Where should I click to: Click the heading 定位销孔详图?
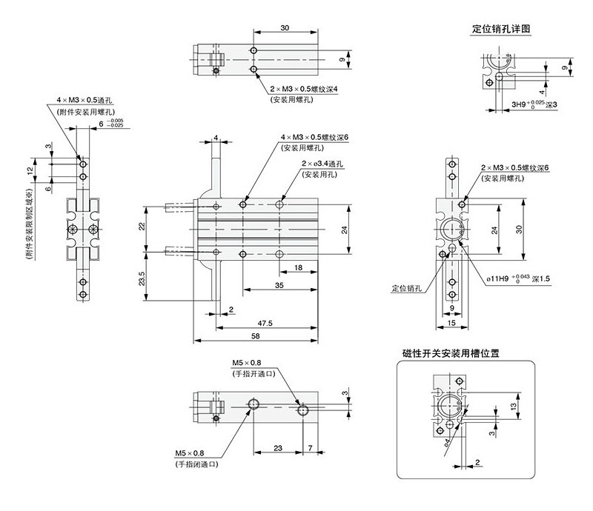[x=500, y=30]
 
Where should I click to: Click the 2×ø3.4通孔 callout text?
[x=323, y=164]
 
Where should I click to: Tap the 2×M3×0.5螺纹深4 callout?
[x=303, y=90]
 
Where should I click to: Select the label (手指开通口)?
[x=254, y=373]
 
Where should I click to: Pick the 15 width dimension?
[x=452, y=323]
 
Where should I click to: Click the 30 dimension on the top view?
[x=285, y=27]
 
